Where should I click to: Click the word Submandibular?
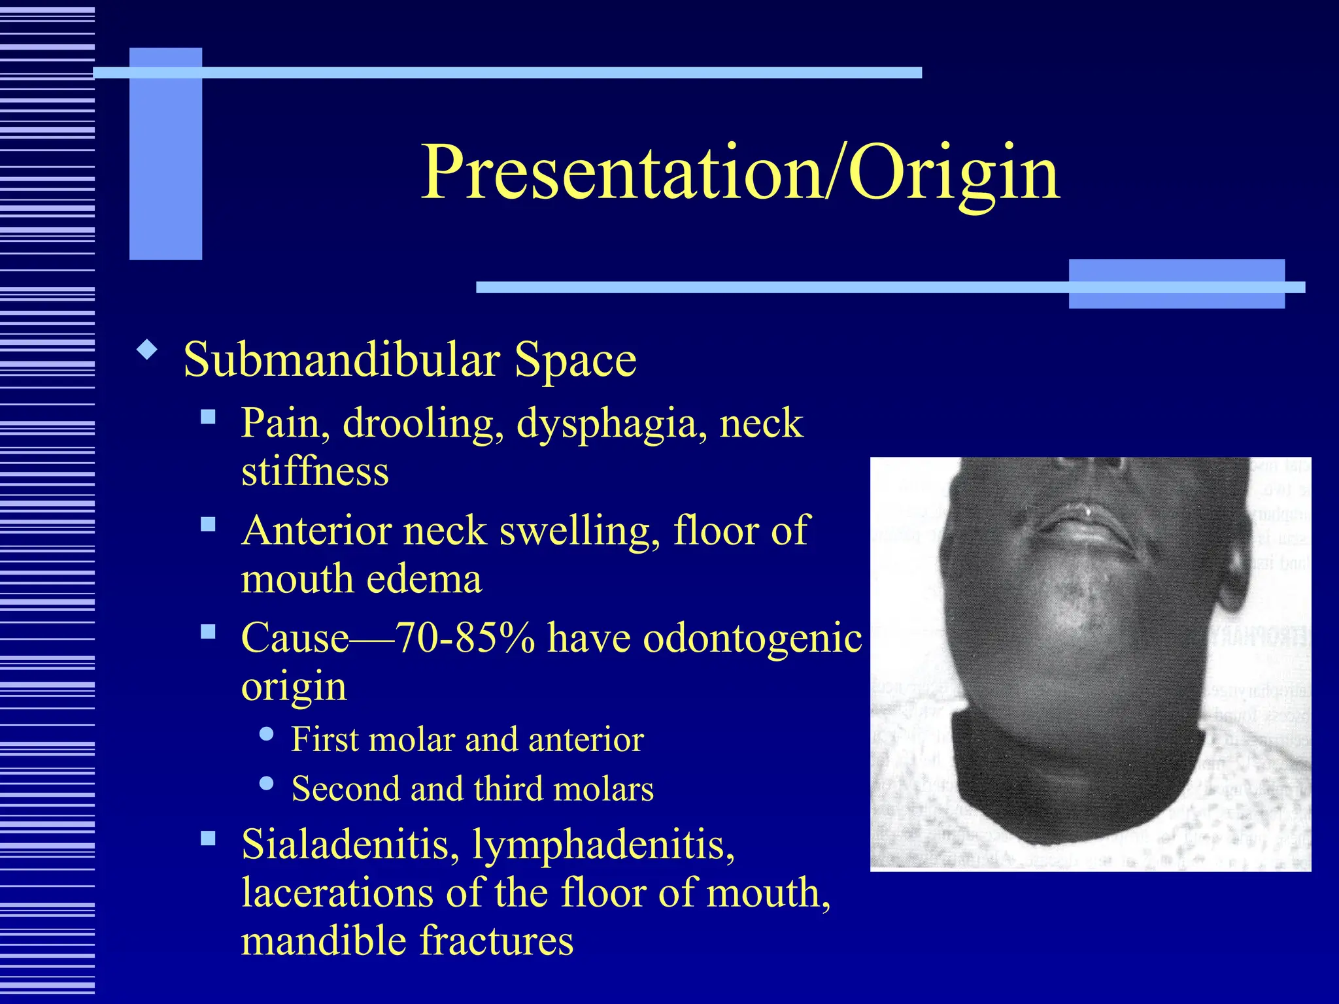point(342,360)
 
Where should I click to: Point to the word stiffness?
point(314,471)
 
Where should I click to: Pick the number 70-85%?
point(465,638)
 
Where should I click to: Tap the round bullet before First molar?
point(266,735)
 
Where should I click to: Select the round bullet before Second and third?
point(266,783)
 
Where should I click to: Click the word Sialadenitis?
point(346,845)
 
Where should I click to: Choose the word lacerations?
point(337,893)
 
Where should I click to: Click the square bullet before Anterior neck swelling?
point(209,524)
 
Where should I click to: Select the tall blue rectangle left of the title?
point(165,154)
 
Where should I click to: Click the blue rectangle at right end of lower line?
point(1176,284)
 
